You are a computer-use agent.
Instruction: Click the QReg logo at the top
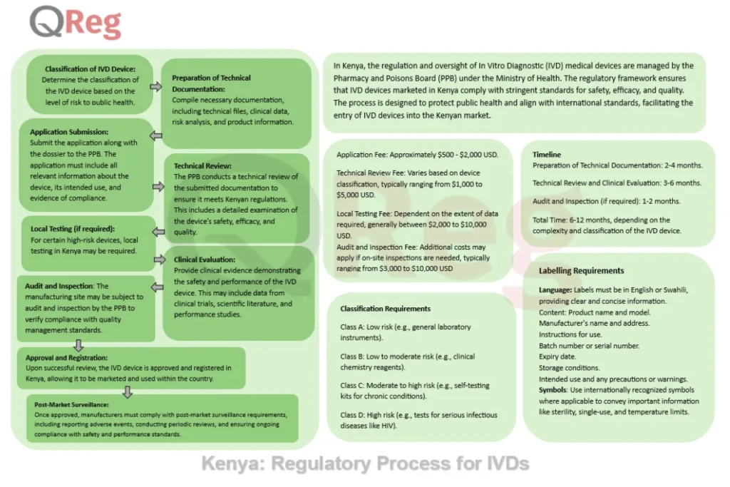click(76, 24)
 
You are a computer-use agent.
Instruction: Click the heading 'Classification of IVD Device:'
click(91, 68)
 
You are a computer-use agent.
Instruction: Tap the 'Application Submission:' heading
click(69, 132)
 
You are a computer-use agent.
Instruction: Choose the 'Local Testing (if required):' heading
click(73, 229)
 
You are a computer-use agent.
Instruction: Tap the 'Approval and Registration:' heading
click(67, 357)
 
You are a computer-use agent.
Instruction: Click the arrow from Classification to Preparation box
click(156, 86)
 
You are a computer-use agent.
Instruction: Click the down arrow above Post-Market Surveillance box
click(128, 391)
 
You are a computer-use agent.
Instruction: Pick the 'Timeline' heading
click(547, 154)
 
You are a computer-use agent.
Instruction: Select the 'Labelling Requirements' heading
click(581, 271)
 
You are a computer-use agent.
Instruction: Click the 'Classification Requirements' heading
click(385, 309)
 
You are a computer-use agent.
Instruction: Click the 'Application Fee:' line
click(417, 154)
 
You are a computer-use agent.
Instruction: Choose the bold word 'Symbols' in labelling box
click(555, 390)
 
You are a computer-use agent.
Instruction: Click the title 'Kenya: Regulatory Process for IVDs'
click(365, 464)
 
